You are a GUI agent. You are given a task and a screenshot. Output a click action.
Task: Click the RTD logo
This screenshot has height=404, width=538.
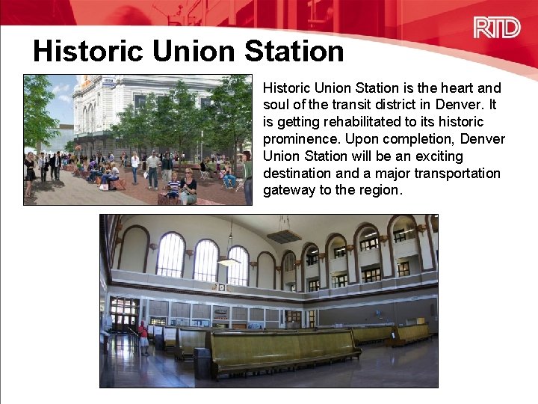coord(496,28)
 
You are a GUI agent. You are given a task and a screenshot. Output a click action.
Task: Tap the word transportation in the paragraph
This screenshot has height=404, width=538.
coord(456,173)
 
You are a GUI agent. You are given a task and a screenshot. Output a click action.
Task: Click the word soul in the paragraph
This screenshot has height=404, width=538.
coord(276,105)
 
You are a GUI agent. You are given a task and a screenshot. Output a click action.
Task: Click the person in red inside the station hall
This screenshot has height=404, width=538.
coord(143,337)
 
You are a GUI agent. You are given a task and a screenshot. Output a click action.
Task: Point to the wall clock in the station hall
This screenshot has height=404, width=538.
coord(221,287)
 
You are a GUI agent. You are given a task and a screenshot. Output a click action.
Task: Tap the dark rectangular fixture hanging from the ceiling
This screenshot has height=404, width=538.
coord(284,236)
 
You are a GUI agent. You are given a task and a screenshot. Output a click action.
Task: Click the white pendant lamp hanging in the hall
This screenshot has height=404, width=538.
coord(229,261)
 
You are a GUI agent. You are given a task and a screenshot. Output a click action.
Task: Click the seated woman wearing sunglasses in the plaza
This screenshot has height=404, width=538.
coord(189,185)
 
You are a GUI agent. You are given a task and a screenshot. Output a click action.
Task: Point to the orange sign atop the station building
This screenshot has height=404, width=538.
coord(109,79)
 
